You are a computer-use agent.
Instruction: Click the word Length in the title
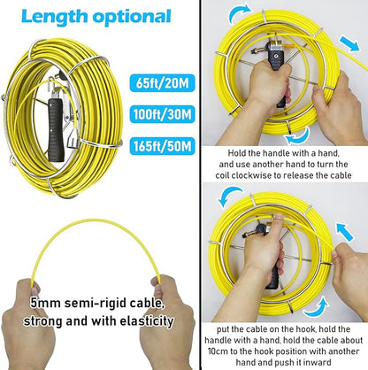click(55, 17)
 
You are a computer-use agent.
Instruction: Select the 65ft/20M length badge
click(162, 83)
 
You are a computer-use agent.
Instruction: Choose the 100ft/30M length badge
click(162, 114)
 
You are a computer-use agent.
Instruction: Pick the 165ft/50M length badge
click(162, 146)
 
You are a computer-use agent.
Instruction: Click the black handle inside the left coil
click(56, 130)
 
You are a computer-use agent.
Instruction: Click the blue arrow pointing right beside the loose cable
click(349, 43)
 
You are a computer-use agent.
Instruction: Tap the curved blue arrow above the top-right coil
click(241, 13)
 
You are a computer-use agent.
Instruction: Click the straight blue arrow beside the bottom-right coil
click(345, 232)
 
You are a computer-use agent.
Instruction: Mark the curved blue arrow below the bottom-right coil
click(317, 309)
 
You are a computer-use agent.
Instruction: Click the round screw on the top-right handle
click(275, 56)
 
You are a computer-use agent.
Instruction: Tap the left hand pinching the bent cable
click(28, 325)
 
